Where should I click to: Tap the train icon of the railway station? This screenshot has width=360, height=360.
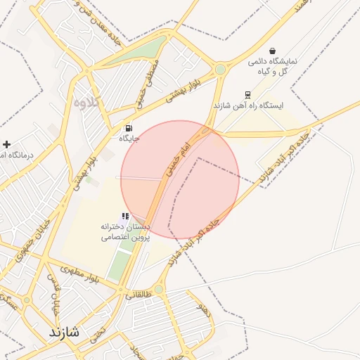pyautogui.click(x=247, y=94)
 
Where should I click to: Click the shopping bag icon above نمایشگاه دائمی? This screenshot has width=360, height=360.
pyautogui.click(x=272, y=50)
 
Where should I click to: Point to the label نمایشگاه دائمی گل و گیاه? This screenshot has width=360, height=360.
pyautogui.click(x=273, y=67)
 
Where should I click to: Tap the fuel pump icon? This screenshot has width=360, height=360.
pyautogui.click(x=129, y=128)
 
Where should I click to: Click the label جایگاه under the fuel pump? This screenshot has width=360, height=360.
pyautogui.click(x=129, y=139)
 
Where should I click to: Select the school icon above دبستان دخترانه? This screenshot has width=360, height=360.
pyautogui.click(x=125, y=216)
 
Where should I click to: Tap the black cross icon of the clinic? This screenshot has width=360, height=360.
pyautogui.click(x=6, y=143)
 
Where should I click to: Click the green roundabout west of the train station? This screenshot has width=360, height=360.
pyautogui.click(x=221, y=69)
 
